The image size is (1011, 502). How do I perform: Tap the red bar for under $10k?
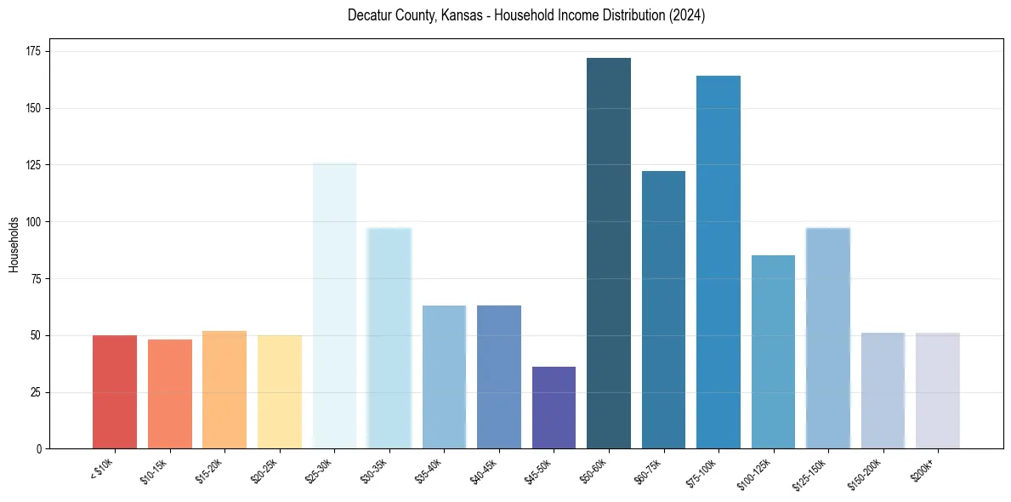point(115,391)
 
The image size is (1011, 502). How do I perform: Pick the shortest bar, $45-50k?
point(554,408)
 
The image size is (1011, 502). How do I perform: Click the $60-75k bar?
point(663,310)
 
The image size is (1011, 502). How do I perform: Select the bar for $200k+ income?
point(938,391)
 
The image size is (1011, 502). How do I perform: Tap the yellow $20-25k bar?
point(280,391)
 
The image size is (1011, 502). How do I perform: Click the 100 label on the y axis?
point(35,222)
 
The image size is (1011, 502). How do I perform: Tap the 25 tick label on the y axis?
point(37,392)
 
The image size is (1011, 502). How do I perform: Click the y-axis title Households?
point(14,244)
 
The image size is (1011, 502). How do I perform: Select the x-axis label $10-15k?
point(154,471)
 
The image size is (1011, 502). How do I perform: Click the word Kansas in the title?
point(458,15)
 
